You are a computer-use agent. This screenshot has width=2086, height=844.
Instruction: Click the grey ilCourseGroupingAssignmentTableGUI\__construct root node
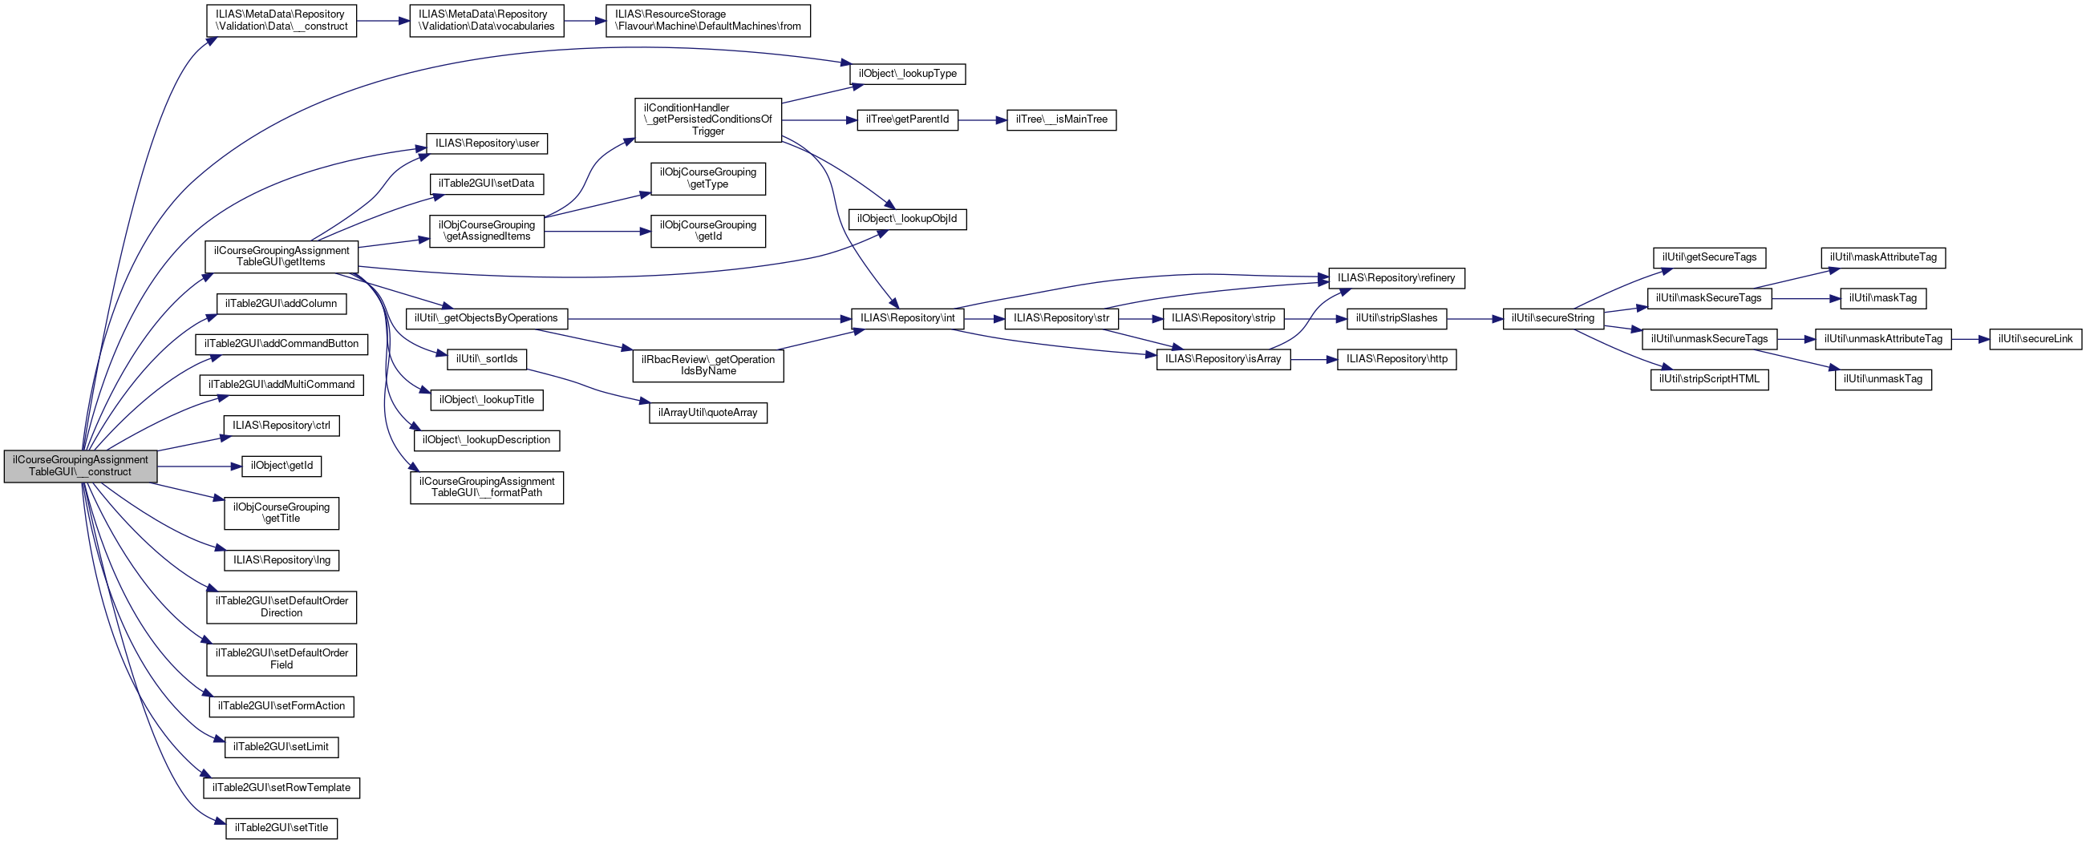click(80, 466)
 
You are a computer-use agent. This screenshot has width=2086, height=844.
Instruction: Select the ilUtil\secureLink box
click(2035, 339)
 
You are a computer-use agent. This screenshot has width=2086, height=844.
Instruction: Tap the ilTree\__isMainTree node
click(1061, 119)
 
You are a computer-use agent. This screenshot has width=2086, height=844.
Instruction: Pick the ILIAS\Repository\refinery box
click(1396, 278)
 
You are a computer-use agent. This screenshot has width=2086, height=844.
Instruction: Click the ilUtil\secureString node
click(1553, 319)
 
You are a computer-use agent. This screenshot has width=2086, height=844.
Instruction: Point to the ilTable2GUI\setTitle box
click(281, 828)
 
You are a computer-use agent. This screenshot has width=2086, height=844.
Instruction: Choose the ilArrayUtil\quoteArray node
click(707, 413)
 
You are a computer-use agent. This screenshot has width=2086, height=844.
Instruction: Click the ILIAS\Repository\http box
click(1396, 359)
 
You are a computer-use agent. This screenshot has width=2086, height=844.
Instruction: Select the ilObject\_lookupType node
click(907, 74)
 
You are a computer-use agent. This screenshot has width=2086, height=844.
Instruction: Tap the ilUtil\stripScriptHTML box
click(1708, 379)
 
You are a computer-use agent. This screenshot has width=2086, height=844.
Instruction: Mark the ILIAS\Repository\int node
click(907, 319)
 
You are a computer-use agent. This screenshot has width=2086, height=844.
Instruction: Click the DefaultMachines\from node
click(707, 20)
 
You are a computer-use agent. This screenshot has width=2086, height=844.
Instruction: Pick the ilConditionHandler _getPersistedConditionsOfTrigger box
click(707, 119)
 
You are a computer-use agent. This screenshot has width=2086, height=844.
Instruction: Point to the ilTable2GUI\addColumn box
click(281, 304)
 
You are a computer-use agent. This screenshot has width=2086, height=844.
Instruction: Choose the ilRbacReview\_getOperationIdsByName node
click(707, 365)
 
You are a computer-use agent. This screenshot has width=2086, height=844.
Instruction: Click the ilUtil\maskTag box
click(1883, 299)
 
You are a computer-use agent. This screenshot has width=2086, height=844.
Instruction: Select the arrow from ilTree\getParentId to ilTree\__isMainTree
click(982, 119)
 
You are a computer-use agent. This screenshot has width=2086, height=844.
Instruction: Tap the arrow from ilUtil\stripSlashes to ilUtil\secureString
click(1474, 319)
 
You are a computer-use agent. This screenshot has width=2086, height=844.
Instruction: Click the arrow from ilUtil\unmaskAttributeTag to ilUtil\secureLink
click(1971, 339)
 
